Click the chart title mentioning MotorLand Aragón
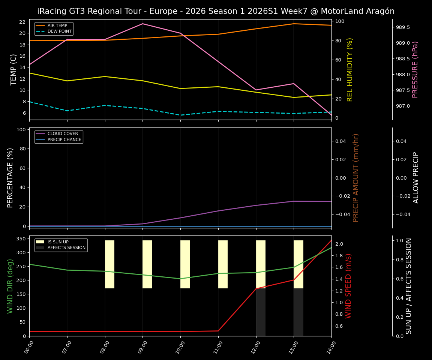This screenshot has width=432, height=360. click(x=216, y=11)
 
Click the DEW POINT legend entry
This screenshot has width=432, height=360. click(x=56, y=31)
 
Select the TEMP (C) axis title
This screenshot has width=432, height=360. click(x=13, y=69)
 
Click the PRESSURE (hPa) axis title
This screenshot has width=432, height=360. click(x=415, y=69)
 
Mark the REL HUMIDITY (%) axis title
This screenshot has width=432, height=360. click(x=350, y=69)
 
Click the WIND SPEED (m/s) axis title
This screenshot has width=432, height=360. click(x=349, y=286)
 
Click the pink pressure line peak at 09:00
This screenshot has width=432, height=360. click(x=142, y=24)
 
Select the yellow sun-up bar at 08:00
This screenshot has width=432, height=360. click(x=109, y=264)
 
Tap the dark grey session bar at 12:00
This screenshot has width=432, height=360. click(x=261, y=312)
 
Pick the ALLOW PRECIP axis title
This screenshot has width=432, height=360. click(x=416, y=177)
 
